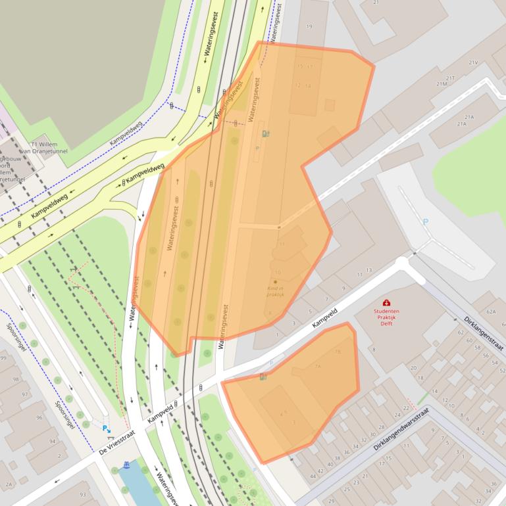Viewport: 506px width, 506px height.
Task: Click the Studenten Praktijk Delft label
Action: point(386,317)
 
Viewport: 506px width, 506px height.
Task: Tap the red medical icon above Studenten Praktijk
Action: point(386,302)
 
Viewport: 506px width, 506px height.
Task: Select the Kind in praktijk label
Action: point(275,291)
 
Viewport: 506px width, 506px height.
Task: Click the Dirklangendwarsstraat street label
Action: point(401,428)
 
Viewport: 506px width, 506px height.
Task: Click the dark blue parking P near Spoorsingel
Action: point(106,428)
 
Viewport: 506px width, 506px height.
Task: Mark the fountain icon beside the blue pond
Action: point(126,465)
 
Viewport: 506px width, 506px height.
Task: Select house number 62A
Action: point(491,311)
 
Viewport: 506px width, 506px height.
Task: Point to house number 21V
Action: point(472,62)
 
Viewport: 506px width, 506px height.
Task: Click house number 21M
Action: point(442,84)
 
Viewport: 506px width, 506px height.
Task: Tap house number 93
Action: point(82,494)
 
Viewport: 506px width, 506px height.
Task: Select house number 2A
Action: point(9,484)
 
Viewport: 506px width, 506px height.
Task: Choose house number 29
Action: point(331,501)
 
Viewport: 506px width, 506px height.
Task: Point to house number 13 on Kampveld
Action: point(368,270)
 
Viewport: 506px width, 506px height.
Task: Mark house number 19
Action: point(309,26)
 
